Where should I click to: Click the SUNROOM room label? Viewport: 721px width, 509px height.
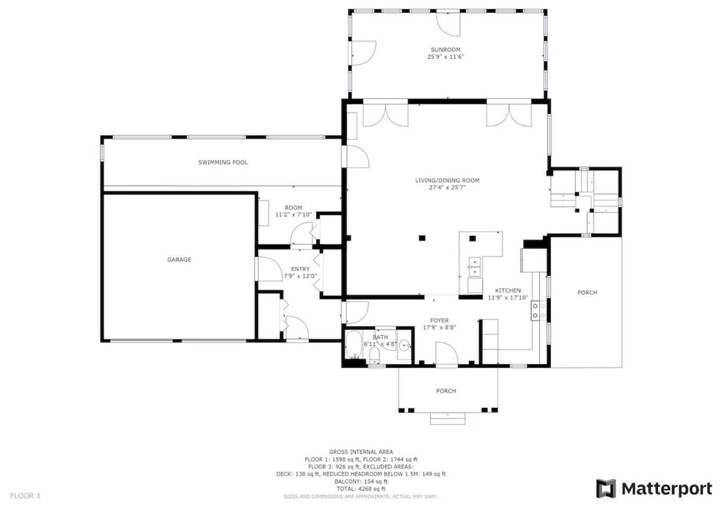(445, 50)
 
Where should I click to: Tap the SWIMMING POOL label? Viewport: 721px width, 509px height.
(223, 162)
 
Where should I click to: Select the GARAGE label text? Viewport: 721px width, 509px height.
(179, 259)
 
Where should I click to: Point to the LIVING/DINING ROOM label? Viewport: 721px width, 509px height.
(447, 180)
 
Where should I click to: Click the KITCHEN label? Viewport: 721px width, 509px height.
(507, 291)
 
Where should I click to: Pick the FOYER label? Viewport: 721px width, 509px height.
(439, 320)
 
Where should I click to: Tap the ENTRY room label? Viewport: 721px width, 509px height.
(300, 269)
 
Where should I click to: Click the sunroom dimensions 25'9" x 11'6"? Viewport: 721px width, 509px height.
(445, 57)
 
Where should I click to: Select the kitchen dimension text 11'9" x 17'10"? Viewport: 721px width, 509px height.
(508, 298)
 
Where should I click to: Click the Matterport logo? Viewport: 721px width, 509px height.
(654, 489)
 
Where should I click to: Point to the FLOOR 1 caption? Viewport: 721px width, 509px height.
(25, 496)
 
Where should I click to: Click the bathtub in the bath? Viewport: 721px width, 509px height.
(354, 345)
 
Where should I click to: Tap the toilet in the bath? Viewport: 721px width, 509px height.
(374, 356)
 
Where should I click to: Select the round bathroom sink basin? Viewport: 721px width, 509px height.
(405, 346)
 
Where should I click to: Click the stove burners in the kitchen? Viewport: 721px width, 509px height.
(539, 310)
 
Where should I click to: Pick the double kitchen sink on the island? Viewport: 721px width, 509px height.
(474, 267)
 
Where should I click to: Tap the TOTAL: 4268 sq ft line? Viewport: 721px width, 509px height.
(360, 489)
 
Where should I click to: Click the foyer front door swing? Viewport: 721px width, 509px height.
(447, 353)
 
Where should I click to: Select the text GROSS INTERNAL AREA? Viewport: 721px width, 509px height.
(361, 452)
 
